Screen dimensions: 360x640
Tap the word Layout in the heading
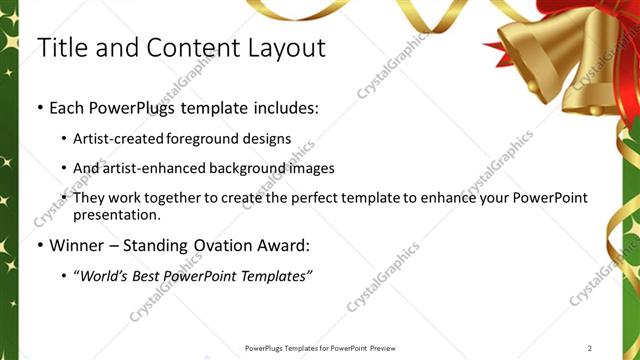(x=282, y=47)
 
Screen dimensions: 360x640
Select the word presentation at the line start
(x=118, y=214)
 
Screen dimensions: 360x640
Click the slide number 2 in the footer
(x=590, y=348)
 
